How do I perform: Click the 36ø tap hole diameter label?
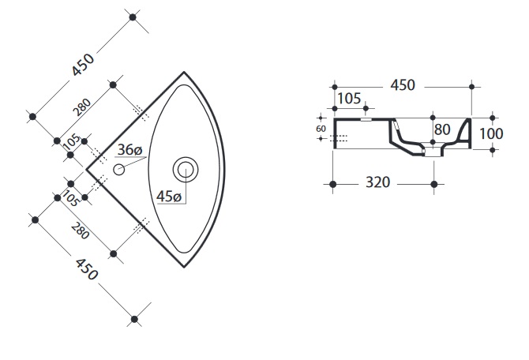129,150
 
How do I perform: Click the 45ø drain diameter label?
169,196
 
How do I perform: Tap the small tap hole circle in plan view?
118,170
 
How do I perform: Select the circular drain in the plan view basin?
186,170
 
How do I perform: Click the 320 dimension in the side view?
378,182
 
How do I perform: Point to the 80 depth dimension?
442,129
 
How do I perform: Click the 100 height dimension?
491,133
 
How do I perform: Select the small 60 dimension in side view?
321,129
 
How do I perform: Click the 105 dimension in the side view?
349,99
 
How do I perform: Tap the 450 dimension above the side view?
403,85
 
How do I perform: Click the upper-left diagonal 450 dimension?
83,64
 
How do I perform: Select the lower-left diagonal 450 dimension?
87,269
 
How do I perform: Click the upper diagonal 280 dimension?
81,107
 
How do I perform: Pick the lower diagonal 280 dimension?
81,231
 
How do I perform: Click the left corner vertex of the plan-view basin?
87,170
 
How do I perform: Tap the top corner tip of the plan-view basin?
184,72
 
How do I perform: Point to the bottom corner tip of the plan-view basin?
184,267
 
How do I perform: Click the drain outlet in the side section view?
433,152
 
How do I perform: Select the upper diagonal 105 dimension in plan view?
72,142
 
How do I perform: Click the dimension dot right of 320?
434,184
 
